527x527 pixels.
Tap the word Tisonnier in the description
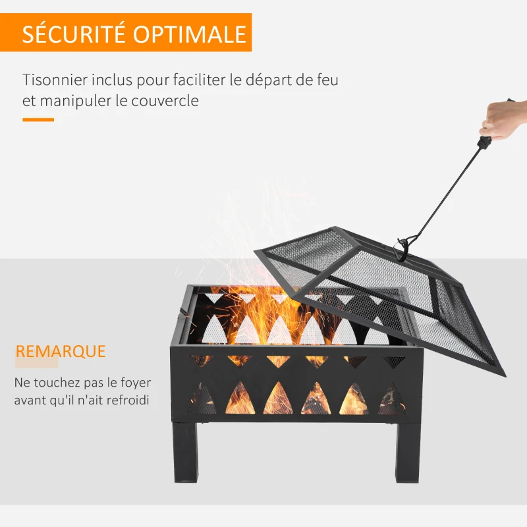coord(55,80)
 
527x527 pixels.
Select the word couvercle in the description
coord(165,101)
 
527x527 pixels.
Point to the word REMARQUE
coord(61,351)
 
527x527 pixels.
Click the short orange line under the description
coord(38,120)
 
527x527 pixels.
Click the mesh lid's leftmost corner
coord(256,251)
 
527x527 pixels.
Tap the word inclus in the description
coord(111,80)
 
